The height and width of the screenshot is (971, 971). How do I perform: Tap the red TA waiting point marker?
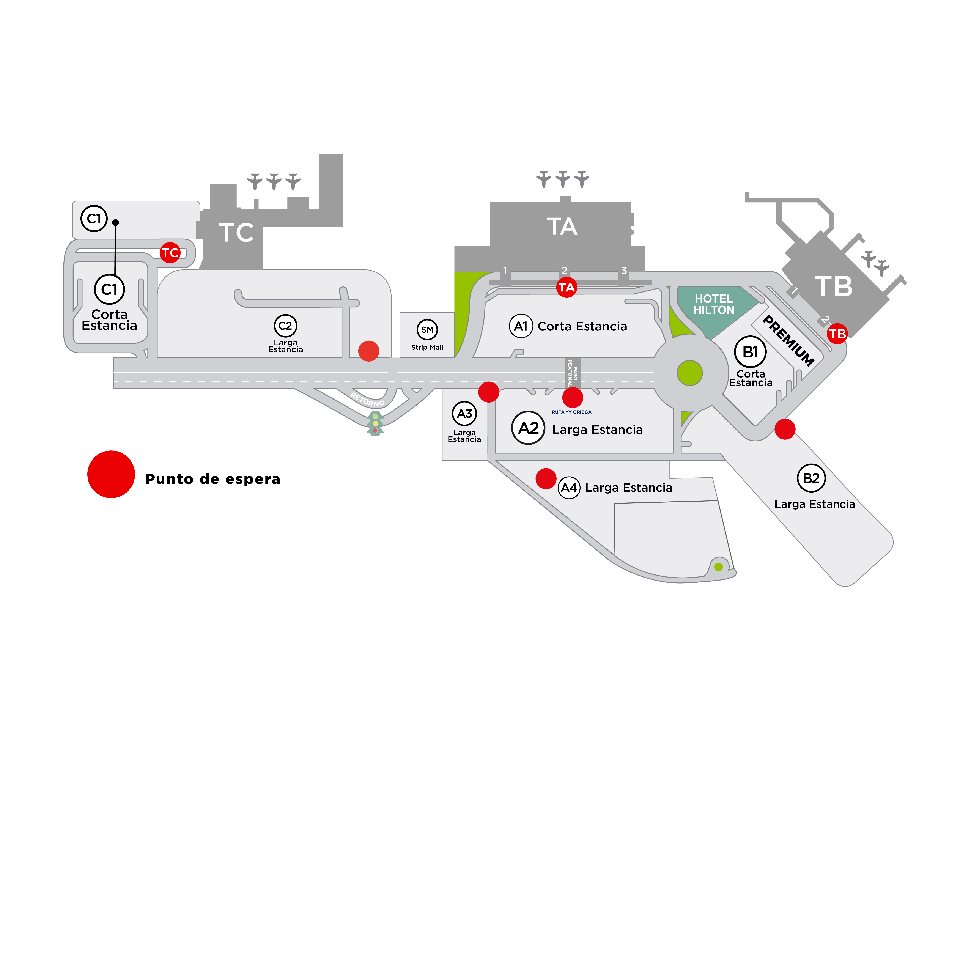(x=567, y=288)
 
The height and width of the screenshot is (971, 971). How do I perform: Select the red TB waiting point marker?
(x=837, y=334)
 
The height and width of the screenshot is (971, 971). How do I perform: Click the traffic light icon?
(x=375, y=423)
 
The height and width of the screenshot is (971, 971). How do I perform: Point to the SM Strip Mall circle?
(x=427, y=330)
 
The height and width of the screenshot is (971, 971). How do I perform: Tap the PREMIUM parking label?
(x=788, y=340)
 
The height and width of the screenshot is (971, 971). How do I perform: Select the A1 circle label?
(x=521, y=326)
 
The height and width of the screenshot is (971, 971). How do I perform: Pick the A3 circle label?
(x=464, y=414)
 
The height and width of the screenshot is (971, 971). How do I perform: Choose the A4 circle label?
(x=569, y=488)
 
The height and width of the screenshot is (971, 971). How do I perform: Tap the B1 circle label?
(x=750, y=352)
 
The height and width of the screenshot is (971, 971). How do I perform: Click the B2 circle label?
(x=811, y=478)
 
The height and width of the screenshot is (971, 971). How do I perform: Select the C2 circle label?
(x=285, y=326)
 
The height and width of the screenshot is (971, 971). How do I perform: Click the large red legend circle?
(x=111, y=474)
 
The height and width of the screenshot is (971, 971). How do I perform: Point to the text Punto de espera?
(x=212, y=479)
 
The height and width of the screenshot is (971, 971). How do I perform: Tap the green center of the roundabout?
(x=689, y=373)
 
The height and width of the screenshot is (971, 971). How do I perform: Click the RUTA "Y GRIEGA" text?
(x=573, y=412)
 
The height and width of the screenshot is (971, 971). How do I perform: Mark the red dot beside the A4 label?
(x=546, y=478)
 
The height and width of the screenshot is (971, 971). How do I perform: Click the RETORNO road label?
(x=367, y=400)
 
